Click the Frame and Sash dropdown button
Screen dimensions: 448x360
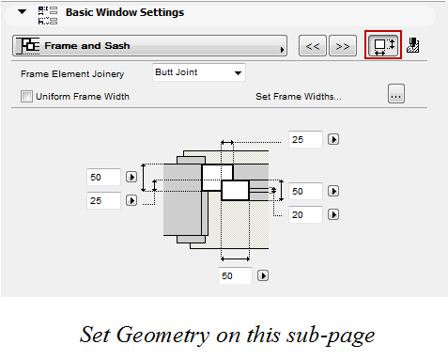point(150,45)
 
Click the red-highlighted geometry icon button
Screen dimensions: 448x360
point(382,45)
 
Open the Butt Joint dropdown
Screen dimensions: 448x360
point(198,72)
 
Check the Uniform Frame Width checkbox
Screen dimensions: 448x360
point(26,96)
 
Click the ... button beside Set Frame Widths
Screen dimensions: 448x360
point(395,94)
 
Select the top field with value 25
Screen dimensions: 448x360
point(305,139)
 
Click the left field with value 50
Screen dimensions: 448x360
point(103,177)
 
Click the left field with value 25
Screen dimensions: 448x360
point(103,199)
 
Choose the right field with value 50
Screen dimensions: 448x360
point(305,191)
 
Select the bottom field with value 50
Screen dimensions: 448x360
point(235,275)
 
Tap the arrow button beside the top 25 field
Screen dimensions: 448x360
point(332,139)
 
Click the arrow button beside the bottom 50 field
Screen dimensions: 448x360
point(263,275)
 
